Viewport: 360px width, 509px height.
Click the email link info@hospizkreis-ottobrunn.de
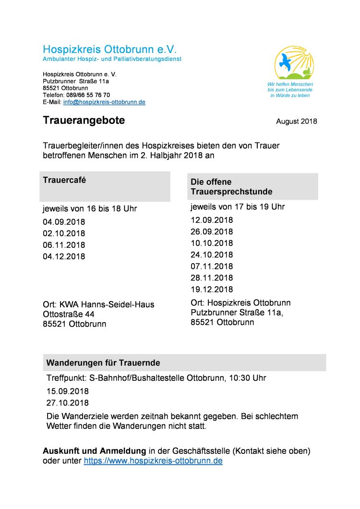[x=104, y=102]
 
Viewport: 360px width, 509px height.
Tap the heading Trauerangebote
[x=84, y=121]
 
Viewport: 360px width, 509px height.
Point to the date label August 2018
[x=296, y=121]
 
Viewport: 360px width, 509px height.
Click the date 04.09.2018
[x=64, y=222]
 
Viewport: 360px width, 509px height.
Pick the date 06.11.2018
[x=64, y=245]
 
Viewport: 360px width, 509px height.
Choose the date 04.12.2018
[x=64, y=256]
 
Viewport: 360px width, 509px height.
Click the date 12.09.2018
[x=212, y=220]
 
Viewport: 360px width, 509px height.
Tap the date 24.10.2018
[x=212, y=254]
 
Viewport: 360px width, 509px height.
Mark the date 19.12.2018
[x=212, y=289]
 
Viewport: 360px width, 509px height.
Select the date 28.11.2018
[x=212, y=278]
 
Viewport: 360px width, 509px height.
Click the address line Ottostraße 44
[x=69, y=314]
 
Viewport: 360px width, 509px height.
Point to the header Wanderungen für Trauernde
[x=103, y=363]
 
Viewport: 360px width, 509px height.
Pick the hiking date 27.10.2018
[x=68, y=403]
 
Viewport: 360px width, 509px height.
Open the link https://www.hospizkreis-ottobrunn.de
[x=153, y=461]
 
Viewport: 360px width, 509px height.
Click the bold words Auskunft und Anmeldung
[x=94, y=451]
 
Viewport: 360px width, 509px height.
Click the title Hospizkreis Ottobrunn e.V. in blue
[x=110, y=49]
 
